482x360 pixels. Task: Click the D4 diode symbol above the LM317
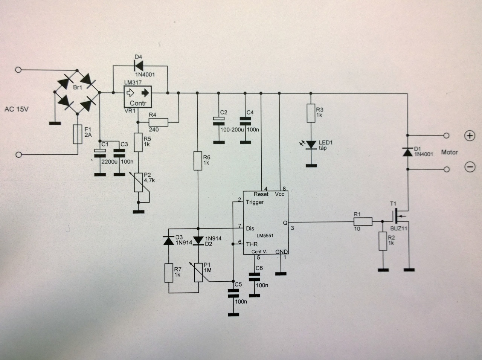click(x=139, y=66)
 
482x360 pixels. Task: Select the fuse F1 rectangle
click(x=78, y=134)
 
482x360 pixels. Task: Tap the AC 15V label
click(x=17, y=109)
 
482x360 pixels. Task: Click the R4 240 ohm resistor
click(x=158, y=122)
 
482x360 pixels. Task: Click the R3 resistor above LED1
click(x=311, y=113)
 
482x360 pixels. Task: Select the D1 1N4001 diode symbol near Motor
click(x=407, y=152)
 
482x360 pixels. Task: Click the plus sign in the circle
click(x=470, y=136)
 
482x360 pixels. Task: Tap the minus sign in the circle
click(x=470, y=167)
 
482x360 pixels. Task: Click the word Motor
click(x=449, y=152)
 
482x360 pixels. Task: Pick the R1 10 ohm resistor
click(x=363, y=221)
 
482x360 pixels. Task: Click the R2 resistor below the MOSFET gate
click(x=383, y=241)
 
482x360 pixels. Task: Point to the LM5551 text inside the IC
click(x=265, y=236)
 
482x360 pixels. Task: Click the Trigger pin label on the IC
click(x=255, y=202)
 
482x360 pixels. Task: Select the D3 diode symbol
click(x=169, y=240)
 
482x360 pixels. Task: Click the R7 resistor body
click(x=169, y=273)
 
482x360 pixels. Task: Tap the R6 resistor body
click(x=198, y=161)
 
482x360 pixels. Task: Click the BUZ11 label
click(x=398, y=229)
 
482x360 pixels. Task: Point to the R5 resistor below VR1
click(x=138, y=142)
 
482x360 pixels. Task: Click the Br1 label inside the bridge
click(x=78, y=87)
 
